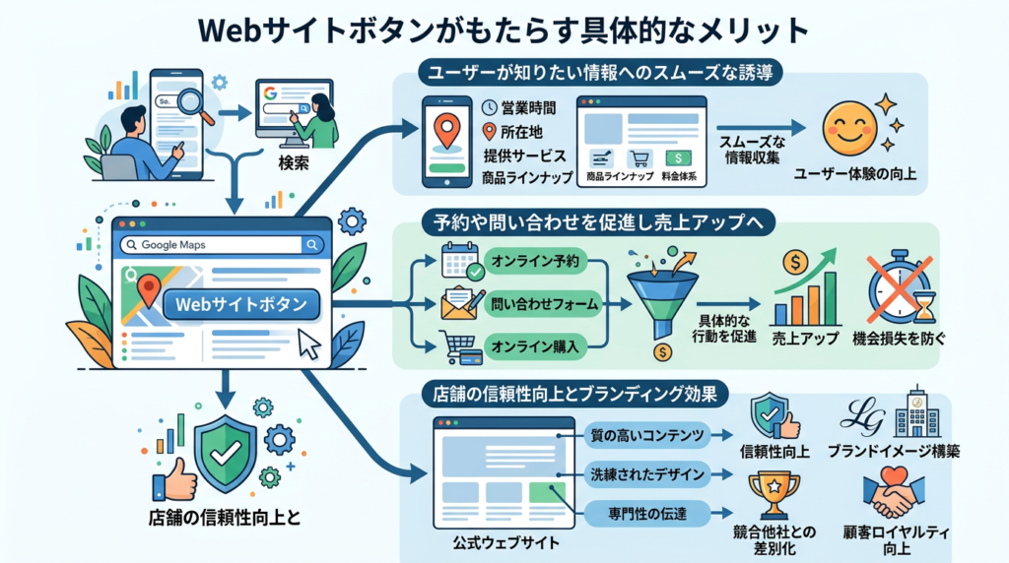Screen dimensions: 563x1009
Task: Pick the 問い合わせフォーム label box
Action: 545,304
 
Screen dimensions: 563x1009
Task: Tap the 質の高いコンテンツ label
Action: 644,435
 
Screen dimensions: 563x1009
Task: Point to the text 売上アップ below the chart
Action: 806,339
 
